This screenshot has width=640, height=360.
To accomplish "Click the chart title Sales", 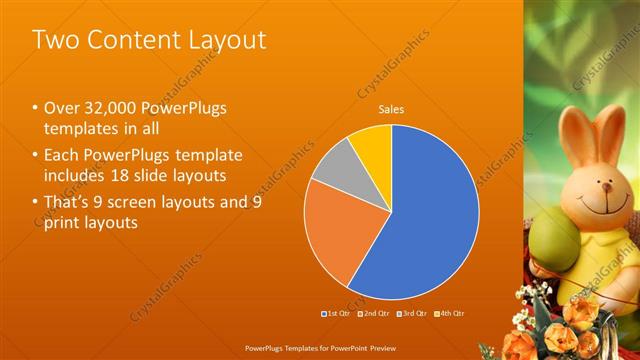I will point(390,109).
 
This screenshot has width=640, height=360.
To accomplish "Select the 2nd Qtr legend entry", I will point(373,313).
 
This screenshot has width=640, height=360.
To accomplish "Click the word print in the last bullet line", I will point(64,223).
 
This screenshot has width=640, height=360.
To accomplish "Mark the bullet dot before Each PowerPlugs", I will point(35,155).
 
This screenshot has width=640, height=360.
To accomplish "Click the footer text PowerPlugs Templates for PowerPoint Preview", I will point(320,348).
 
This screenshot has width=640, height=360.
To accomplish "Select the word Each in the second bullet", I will point(61,155).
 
